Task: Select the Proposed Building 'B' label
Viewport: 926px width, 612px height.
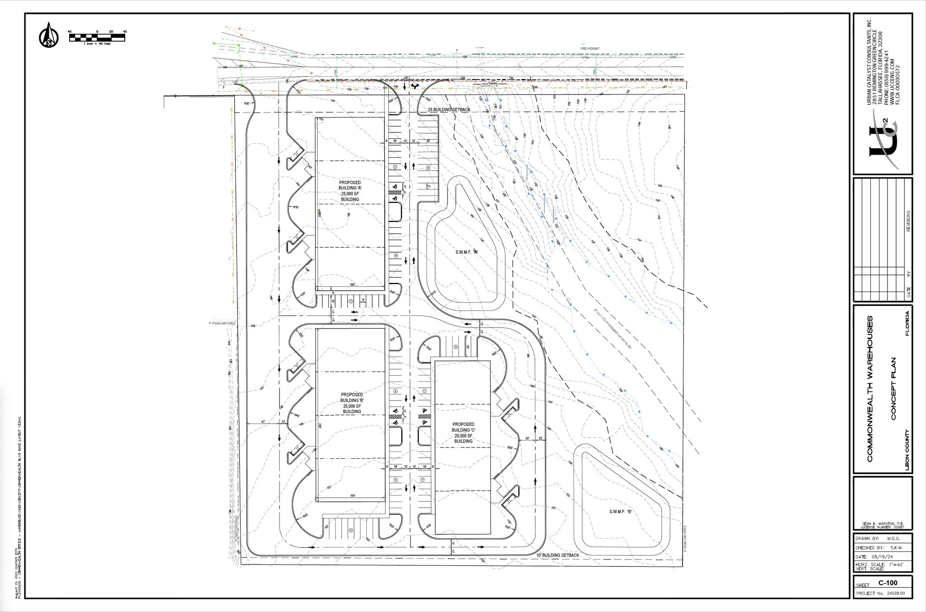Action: [352, 403]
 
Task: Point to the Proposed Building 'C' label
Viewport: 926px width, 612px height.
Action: [463, 433]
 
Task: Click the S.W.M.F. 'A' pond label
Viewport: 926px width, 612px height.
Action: [467, 253]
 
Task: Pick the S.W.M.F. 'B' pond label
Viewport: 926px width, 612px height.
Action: [619, 512]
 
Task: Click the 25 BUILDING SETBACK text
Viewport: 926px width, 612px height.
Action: [449, 110]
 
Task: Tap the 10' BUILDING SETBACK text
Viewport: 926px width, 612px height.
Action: [557, 555]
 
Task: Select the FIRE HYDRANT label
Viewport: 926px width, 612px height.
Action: [590, 48]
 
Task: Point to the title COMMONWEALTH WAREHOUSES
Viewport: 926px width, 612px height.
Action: [870, 389]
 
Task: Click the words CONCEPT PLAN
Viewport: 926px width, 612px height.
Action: [893, 389]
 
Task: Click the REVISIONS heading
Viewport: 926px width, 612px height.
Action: [908, 221]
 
